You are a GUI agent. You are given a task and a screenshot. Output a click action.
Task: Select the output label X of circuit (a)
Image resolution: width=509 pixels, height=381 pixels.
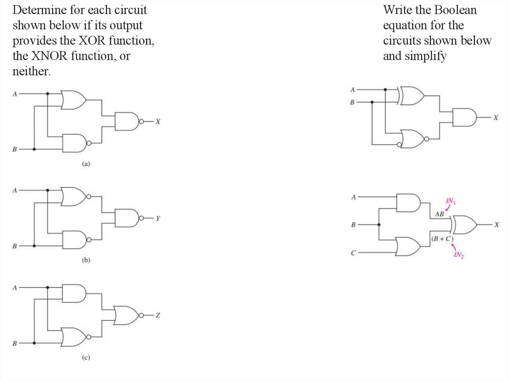[x=158, y=121]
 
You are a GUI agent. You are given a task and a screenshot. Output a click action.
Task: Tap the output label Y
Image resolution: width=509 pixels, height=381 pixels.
[x=158, y=218]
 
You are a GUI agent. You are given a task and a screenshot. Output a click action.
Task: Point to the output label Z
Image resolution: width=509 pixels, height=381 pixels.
[x=158, y=315]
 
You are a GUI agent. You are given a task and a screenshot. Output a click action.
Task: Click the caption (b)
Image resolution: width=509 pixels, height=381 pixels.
[x=85, y=260]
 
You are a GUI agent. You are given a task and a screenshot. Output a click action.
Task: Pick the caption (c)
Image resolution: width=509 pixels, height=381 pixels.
[x=85, y=357]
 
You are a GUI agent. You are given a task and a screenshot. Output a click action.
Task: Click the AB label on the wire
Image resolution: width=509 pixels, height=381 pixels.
[x=439, y=214]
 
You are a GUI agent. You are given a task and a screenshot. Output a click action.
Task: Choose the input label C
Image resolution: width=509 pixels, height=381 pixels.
[x=353, y=253]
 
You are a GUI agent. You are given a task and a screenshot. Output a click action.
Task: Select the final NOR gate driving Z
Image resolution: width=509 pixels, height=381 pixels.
[x=126, y=315]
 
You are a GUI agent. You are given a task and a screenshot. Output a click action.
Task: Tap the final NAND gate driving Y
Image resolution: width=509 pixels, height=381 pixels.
[x=126, y=218]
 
